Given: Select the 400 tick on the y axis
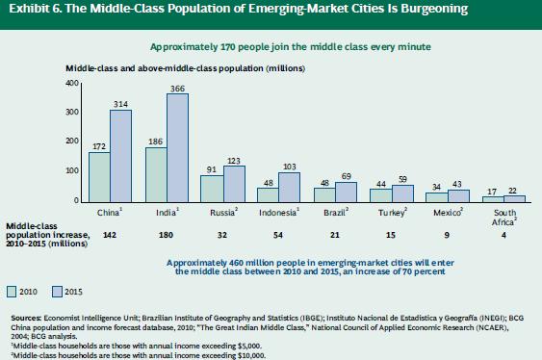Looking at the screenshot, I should point(71,84).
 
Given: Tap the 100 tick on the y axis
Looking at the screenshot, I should point(71,171).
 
